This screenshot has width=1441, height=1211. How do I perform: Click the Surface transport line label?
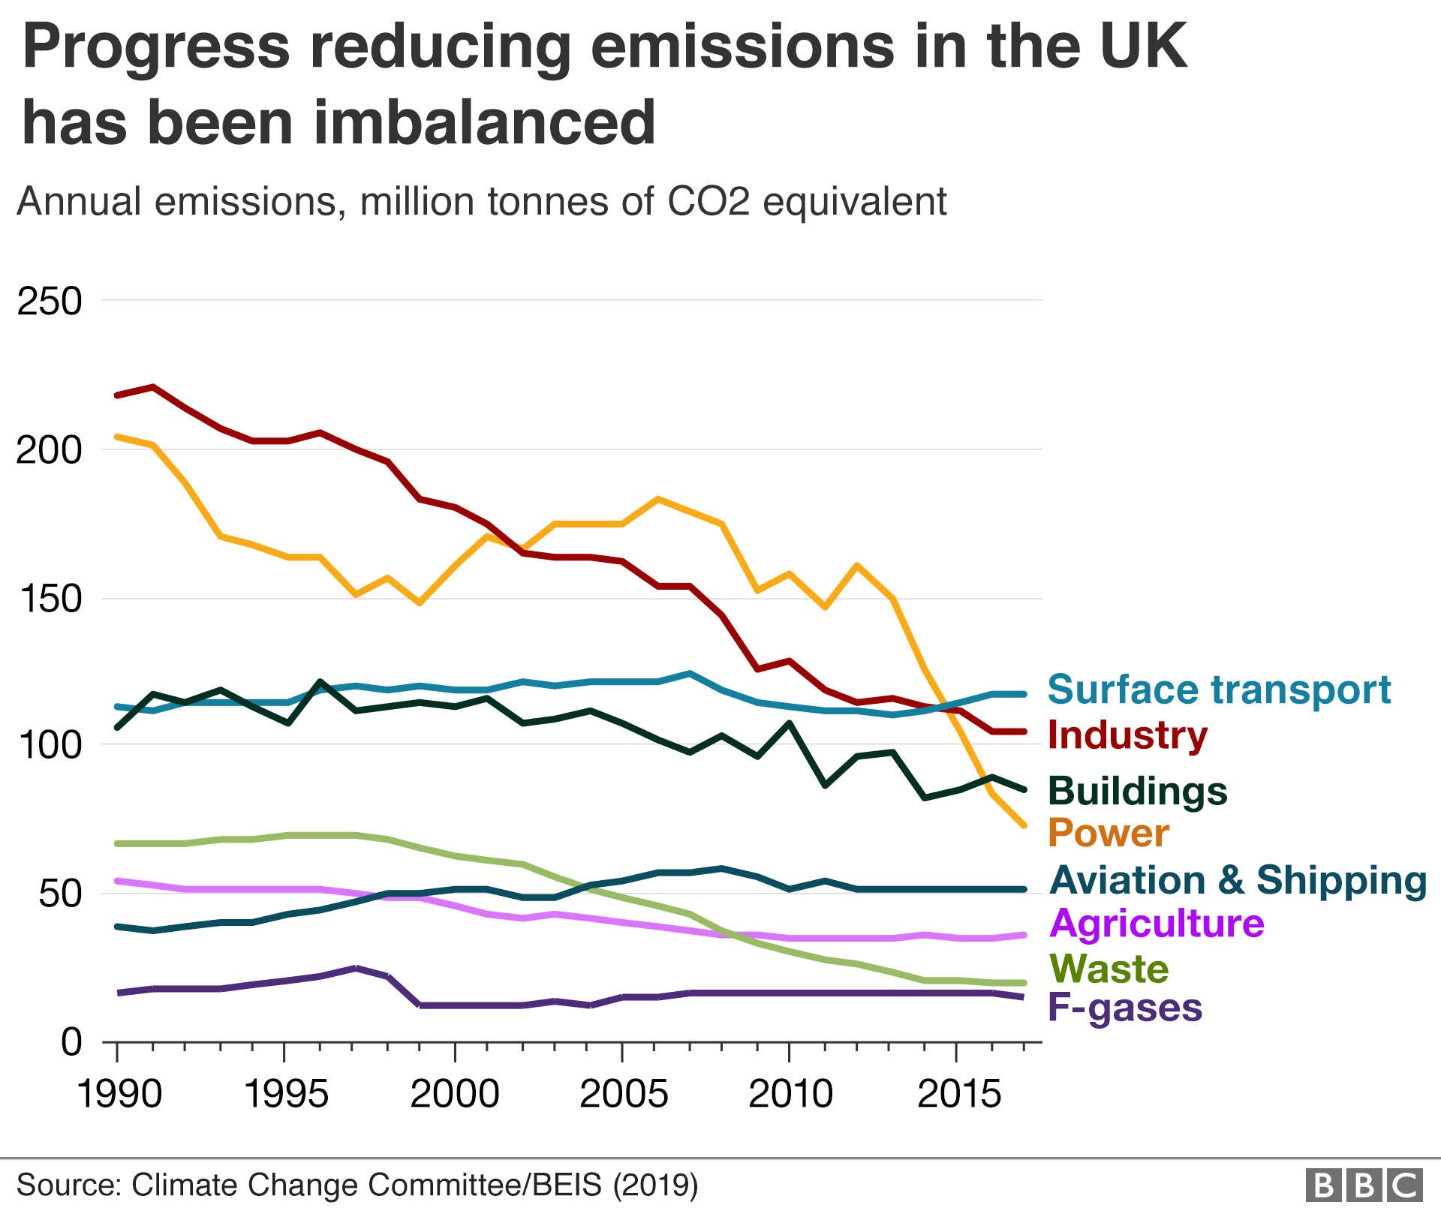1218,690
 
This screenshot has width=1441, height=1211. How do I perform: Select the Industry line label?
1127,735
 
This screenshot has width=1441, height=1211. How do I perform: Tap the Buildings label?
1137,791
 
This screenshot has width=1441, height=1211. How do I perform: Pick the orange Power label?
1108,833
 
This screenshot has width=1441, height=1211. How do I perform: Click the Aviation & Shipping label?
1237,880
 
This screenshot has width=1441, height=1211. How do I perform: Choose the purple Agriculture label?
1156,924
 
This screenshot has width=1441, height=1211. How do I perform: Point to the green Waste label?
1108,969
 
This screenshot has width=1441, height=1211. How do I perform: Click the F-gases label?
1124,1008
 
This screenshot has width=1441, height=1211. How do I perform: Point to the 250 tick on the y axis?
49,302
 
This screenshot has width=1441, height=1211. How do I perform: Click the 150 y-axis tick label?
49,599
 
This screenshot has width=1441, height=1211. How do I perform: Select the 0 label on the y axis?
71,1042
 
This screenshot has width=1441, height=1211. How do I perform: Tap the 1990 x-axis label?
119,1094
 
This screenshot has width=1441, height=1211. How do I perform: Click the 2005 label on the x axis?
623,1094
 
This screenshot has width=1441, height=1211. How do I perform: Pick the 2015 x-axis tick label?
958,1094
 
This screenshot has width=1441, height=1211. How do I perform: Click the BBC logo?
1364,1185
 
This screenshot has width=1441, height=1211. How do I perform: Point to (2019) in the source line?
655,1185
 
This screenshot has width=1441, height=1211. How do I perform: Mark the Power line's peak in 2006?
658,499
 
